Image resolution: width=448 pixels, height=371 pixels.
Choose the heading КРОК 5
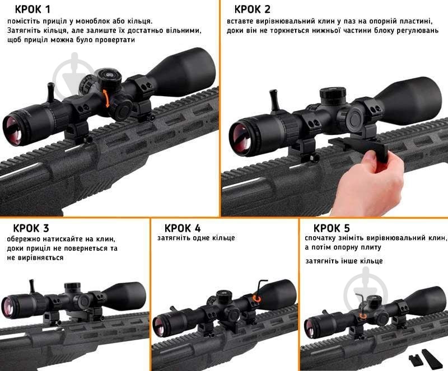(332, 228)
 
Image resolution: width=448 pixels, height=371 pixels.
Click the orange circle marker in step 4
(257, 299)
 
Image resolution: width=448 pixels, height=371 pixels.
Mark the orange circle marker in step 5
(363, 316)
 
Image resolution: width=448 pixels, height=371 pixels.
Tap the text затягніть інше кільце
(344, 261)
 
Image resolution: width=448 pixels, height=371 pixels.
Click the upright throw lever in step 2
(275, 101)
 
